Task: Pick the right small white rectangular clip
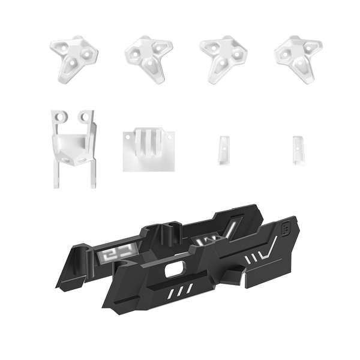pyautogui.click(x=296, y=149)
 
